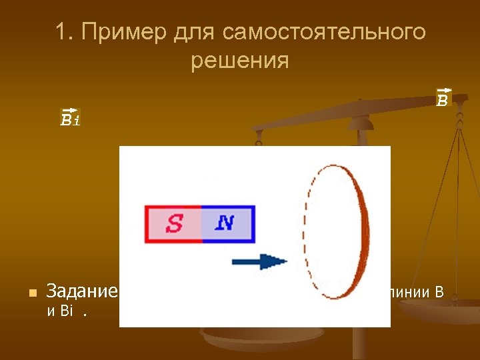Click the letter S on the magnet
coord(174,223)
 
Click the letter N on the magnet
coord(225,223)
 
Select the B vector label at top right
coord(443,98)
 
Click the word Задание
coord(81,291)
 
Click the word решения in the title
coord(239,61)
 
